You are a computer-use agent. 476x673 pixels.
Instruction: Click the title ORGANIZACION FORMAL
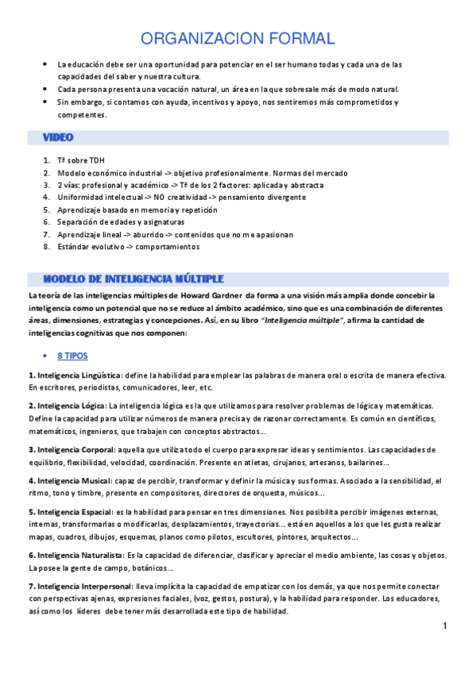[238, 38]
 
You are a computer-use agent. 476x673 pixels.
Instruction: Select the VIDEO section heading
[58, 137]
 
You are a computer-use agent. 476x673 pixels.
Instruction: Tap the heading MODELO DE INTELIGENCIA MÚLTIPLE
[133, 279]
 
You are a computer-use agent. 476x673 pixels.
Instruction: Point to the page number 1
[446, 627]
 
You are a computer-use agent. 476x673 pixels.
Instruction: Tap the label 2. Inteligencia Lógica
[67, 405]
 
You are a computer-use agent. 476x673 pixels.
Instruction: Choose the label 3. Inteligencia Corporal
[71, 449]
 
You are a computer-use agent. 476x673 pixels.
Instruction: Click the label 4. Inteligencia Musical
[68, 480]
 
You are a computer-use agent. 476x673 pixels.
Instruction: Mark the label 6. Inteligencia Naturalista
[75, 555]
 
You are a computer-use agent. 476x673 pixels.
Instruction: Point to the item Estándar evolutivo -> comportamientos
[128, 247]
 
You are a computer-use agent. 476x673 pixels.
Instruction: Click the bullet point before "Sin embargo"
[45, 102]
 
